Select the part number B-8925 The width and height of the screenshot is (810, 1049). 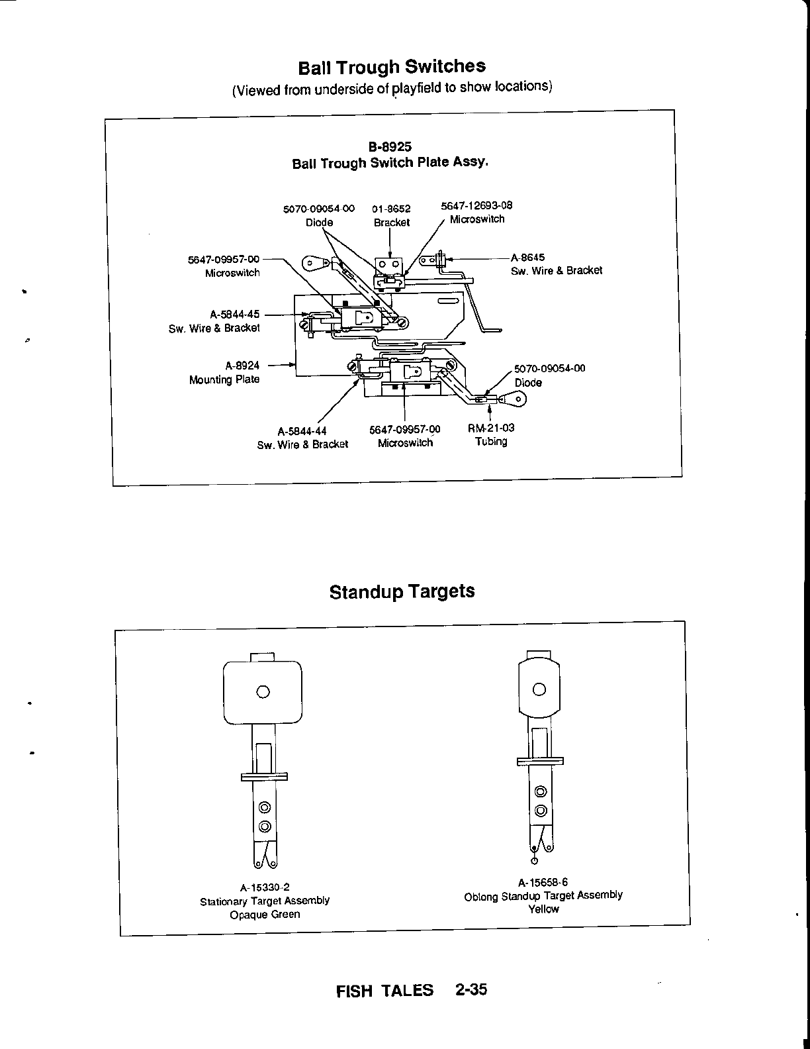(390, 147)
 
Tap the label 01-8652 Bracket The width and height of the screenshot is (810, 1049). (391, 216)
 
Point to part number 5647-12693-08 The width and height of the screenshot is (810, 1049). (476, 205)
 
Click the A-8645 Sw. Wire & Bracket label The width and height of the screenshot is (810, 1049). (556, 264)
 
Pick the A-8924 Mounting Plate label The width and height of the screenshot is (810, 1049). (224, 372)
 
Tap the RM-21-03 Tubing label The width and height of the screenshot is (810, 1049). (491, 434)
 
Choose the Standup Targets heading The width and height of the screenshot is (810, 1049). (402, 591)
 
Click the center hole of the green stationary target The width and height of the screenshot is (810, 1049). (263, 692)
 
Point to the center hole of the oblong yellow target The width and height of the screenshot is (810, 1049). (539, 689)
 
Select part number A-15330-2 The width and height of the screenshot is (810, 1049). (265, 887)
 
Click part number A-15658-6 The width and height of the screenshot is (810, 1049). (543, 881)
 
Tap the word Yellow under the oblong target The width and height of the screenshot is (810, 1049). (543, 909)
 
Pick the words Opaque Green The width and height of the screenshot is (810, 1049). (265, 915)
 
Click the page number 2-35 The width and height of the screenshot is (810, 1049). (471, 989)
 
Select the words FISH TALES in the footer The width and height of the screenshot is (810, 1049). (384, 991)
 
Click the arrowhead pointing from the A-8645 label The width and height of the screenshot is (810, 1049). (453, 258)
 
